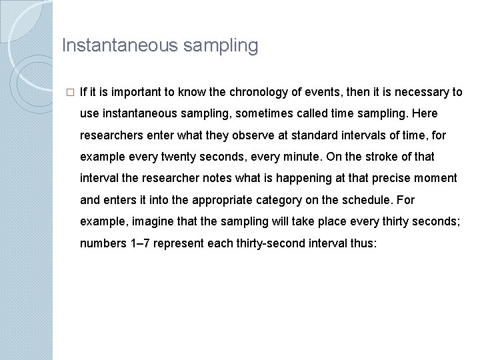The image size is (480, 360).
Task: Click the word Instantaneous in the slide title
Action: click(117, 46)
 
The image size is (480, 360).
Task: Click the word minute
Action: click(304, 157)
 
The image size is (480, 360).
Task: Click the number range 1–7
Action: click(139, 243)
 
